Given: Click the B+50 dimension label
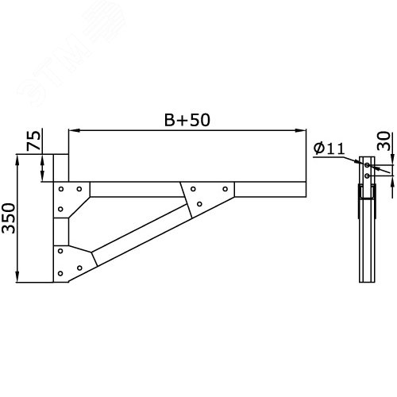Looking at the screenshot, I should click(187, 120).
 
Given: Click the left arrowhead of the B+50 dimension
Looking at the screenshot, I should click(71, 130).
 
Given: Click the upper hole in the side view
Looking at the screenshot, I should click(368, 165).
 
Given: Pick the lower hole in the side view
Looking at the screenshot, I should click(368, 175).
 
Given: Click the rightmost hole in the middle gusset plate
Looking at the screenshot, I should click(225, 189).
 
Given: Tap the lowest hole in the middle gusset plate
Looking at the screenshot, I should click(198, 204).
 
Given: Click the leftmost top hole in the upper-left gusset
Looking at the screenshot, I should click(62, 189).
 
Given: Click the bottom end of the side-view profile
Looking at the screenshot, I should click(366, 280).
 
